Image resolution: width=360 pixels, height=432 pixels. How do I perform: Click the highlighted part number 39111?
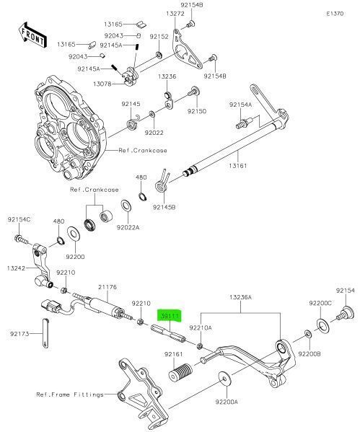pyautogui.click(x=170, y=316)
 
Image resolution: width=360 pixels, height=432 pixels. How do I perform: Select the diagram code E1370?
pyautogui.click(x=335, y=14)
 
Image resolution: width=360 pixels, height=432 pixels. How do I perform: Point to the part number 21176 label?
pyautogui.click(x=107, y=287)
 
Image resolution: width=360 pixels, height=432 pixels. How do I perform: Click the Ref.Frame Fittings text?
pyautogui.click(x=69, y=394)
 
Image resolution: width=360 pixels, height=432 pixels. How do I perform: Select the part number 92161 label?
pyautogui.click(x=173, y=354)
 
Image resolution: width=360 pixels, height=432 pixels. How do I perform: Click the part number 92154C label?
pyautogui.click(x=19, y=219)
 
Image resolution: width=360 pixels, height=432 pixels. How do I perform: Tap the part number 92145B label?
pyautogui.click(x=164, y=208)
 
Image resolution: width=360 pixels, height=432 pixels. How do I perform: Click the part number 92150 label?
pyautogui.click(x=197, y=112)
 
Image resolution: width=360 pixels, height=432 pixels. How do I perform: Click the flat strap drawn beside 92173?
pyautogui.click(x=43, y=348)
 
